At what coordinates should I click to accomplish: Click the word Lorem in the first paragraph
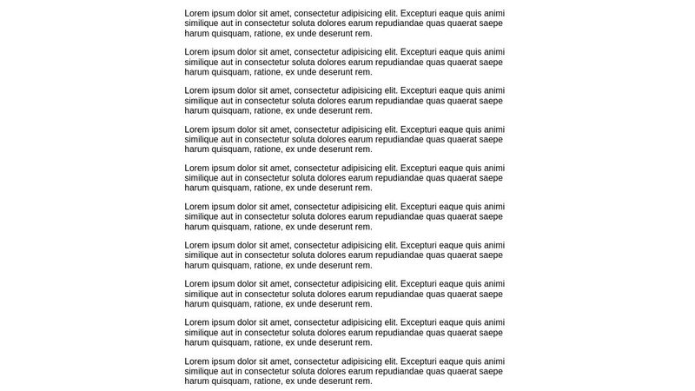197,14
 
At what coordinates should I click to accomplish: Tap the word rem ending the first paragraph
363,34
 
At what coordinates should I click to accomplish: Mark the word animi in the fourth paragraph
493,129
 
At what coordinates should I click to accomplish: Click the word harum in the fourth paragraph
197,149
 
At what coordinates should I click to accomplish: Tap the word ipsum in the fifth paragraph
224,168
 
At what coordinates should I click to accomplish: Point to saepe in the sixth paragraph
491,216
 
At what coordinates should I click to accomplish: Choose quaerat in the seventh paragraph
455,255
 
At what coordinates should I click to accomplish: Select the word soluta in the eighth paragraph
301,294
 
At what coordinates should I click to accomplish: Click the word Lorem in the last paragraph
197,361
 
